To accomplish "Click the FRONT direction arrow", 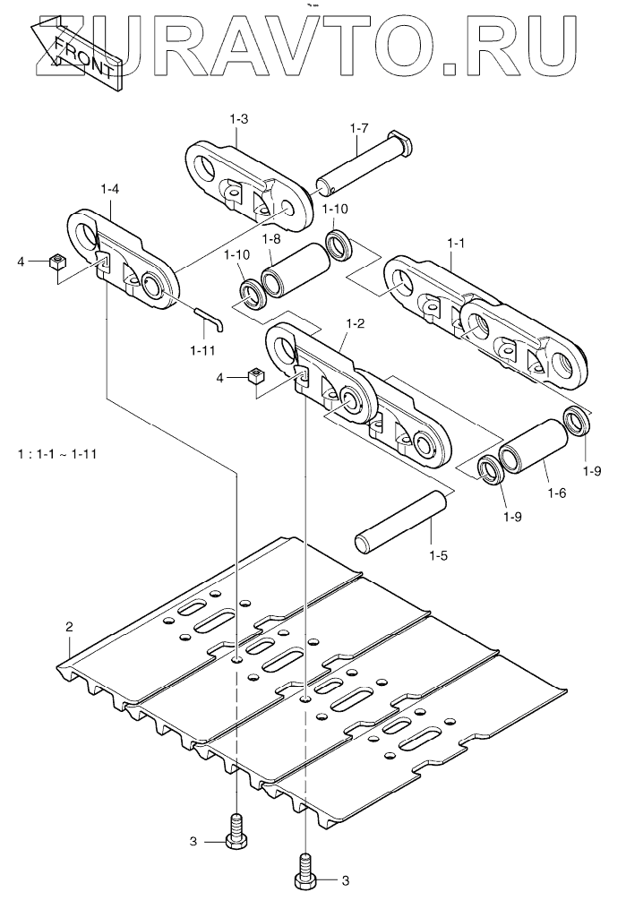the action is [x=76, y=52].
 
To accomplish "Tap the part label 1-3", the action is [x=239, y=119].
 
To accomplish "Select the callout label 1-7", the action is [x=359, y=129].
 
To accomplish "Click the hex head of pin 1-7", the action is [x=402, y=143].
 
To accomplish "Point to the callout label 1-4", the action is [x=110, y=188].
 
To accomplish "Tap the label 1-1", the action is [x=457, y=244].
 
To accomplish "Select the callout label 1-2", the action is [x=355, y=323].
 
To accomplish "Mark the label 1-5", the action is [x=438, y=555].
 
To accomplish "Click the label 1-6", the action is [x=556, y=493].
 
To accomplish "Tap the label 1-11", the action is [x=202, y=350].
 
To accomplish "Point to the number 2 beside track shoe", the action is [x=70, y=627].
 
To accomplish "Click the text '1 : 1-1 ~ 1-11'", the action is [x=56, y=453].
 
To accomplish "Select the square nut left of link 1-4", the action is [x=56, y=262].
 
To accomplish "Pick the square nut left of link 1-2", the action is [x=255, y=375].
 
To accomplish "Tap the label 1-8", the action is [x=271, y=239].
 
